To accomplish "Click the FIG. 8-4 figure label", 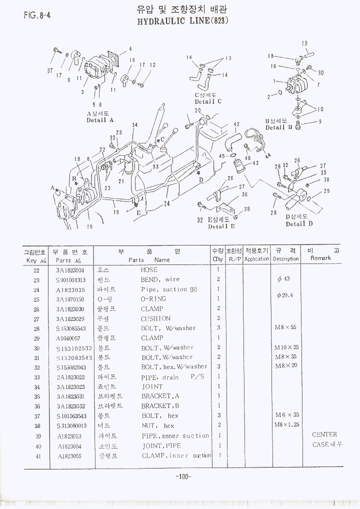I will pos(36,15).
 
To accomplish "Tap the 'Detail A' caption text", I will pos(100,120).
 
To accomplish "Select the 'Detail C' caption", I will pos(208,101).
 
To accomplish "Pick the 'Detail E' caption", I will pos(221,226).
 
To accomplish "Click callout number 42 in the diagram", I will pos(236,124).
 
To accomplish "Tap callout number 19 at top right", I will pos(304,43).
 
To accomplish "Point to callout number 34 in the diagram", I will pos(134,125).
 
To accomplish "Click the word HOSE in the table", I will pos(149,269).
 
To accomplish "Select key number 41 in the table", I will pos(36,455).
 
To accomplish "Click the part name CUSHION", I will pos(155,318).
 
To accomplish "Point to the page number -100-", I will pos(183,476).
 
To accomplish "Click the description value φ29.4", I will pos(284,295).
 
